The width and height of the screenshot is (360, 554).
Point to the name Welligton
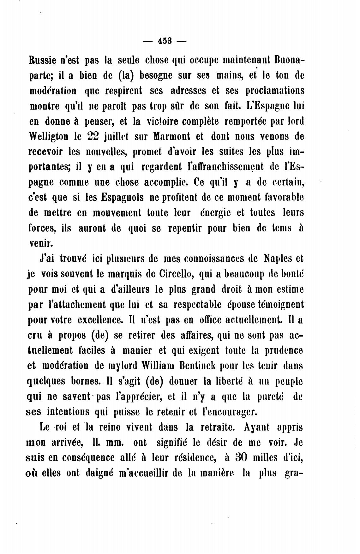(x=49, y=136)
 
